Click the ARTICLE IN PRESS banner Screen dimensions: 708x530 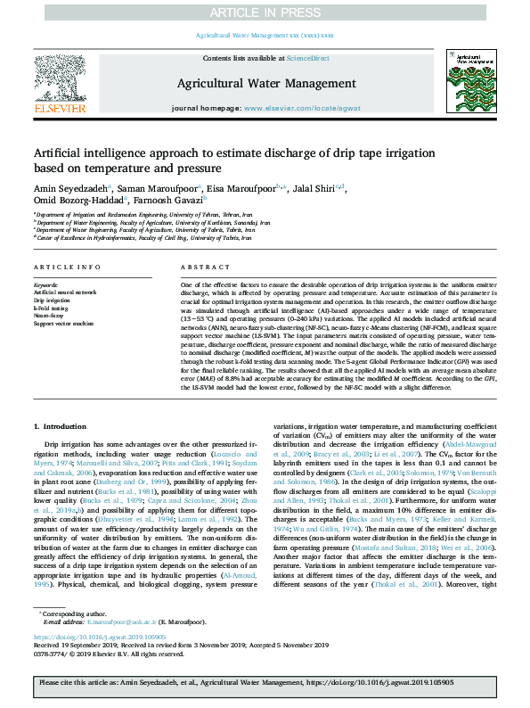(x=265, y=12)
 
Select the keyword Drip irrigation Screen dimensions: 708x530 (x=52, y=300)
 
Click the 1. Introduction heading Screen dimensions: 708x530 (x=62, y=402)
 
